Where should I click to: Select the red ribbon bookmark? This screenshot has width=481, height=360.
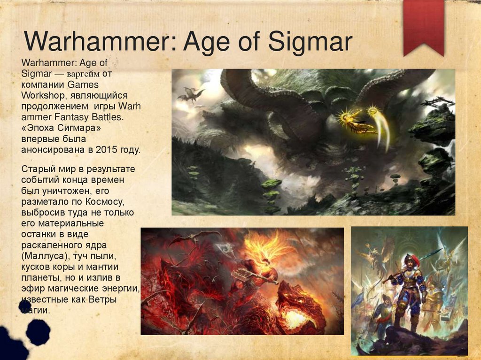pyautogui.click(x=423, y=26)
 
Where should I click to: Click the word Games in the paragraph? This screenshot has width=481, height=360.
pyautogui.click(x=83, y=85)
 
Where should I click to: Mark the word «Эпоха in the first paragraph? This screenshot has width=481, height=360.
pyautogui.click(x=40, y=129)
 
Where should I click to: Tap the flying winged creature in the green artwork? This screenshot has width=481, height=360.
pyautogui.click(x=191, y=94)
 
